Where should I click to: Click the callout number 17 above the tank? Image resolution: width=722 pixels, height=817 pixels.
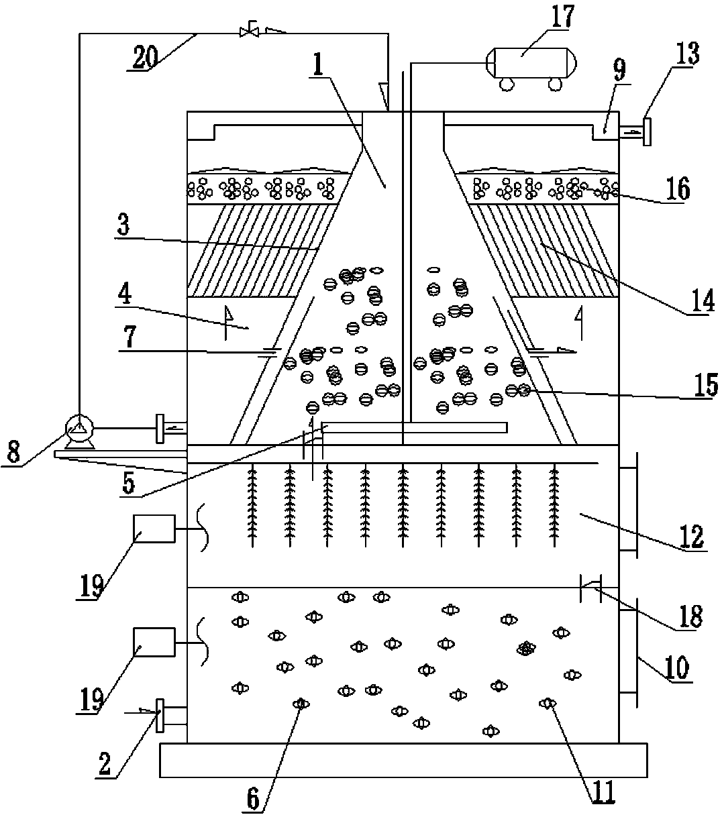(558, 17)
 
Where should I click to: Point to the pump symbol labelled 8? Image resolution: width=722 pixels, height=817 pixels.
(79, 427)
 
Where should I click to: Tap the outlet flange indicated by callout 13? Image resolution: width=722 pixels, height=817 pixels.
(647, 131)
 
